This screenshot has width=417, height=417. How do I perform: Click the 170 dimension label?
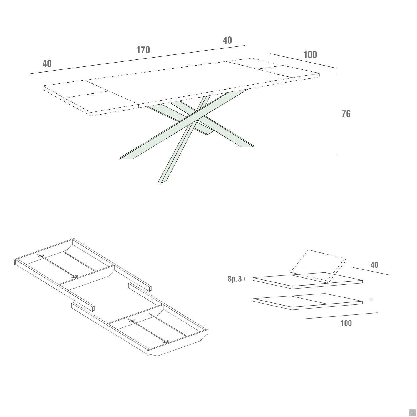143,50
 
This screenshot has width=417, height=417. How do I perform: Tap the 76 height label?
346,114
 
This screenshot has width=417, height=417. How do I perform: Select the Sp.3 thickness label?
235,279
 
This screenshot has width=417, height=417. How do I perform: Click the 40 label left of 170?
47,64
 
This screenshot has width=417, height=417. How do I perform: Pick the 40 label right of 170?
227,40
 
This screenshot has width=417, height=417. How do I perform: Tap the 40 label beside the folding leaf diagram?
374,265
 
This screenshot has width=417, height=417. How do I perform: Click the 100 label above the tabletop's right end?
310,55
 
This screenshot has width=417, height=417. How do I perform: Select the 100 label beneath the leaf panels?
346,323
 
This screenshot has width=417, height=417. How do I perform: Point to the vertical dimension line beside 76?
337,114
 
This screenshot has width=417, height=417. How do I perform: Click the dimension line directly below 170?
146,58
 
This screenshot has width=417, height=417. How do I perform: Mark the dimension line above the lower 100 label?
341,316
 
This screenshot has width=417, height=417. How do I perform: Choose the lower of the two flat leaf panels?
307,302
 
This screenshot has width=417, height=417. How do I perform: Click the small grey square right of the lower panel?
371,299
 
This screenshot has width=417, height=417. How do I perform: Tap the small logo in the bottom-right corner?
412,413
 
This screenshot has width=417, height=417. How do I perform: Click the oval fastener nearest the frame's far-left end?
41,255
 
